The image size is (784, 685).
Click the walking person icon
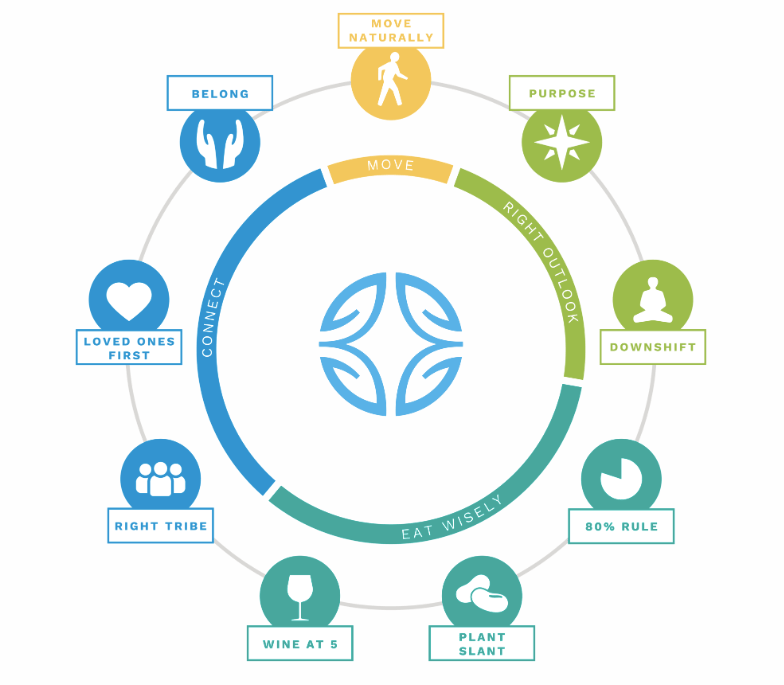(x=392, y=80)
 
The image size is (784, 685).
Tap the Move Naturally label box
(x=391, y=31)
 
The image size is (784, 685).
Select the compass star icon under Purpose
(x=562, y=142)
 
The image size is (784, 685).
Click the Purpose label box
(x=562, y=93)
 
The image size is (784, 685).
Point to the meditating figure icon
(x=652, y=300)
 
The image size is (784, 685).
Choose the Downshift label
(x=653, y=347)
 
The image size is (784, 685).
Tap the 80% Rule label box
(x=622, y=526)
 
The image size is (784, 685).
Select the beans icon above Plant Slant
(x=482, y=594)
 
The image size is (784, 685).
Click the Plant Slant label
(x=482, y=644)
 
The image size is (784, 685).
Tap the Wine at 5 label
(x=300, y=644)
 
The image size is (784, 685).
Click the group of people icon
(x=160, y=479)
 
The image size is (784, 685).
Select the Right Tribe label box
(x=160, y=526)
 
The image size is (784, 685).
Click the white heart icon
(x=129, y=301)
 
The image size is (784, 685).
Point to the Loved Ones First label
(x=129, y=347)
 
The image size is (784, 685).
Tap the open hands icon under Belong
(x=220, y=144)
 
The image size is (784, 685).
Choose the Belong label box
(x=220, y=93)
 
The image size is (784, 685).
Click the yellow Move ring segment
(x=390, y=168)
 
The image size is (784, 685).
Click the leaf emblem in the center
(x=391, y=344)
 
